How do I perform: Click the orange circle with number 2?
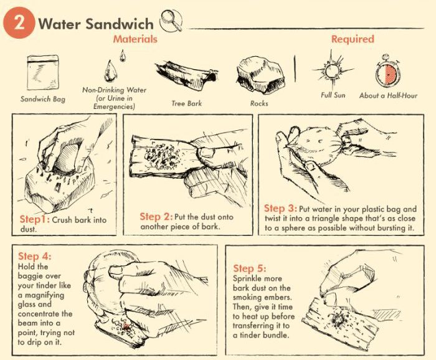19,23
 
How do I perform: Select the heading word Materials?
135,39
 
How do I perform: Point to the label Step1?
33,220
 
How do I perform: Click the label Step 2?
158,216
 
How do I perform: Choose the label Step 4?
35,256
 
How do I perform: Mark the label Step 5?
250,268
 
